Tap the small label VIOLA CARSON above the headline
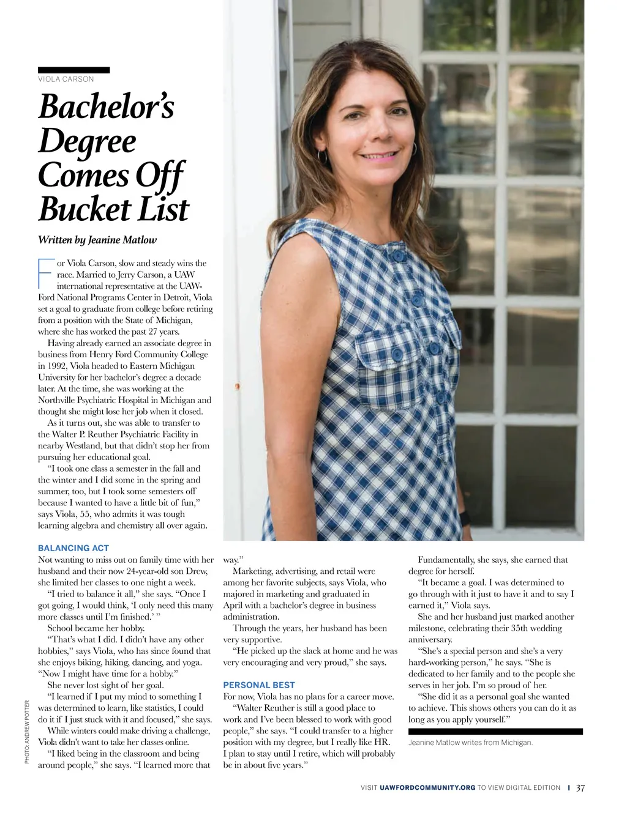[x=66, y=79]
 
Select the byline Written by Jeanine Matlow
[x=97, y=240]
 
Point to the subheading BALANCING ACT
[x=73, y=548]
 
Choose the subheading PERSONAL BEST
[x=259, y=685]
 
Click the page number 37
[x=580, y=788]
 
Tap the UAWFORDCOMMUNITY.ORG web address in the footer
[x=427, y=788]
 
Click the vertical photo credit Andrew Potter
[x=28, y=732]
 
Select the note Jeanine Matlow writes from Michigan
[x=470, y=743]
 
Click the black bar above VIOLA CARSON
[x=74, y=70]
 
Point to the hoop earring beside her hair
[x=413, y=149]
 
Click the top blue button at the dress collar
[x=398, y=254]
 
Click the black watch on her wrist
[x=465, y=518]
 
